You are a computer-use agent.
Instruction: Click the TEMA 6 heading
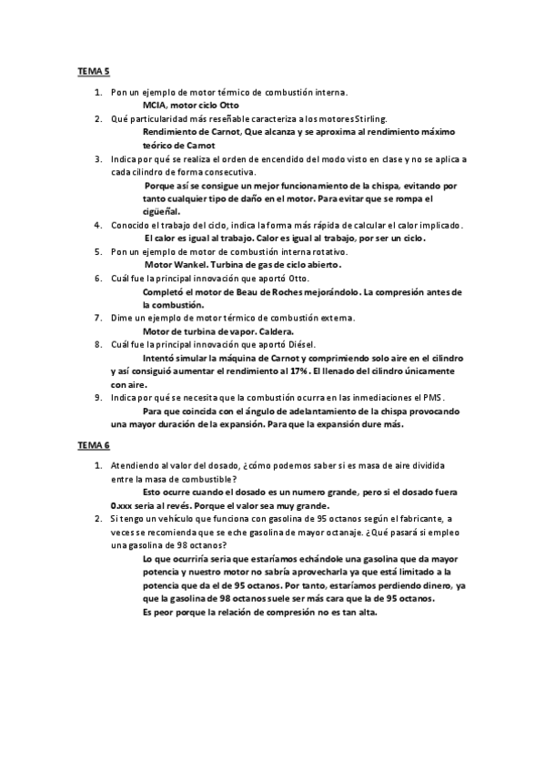click(92, 446)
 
